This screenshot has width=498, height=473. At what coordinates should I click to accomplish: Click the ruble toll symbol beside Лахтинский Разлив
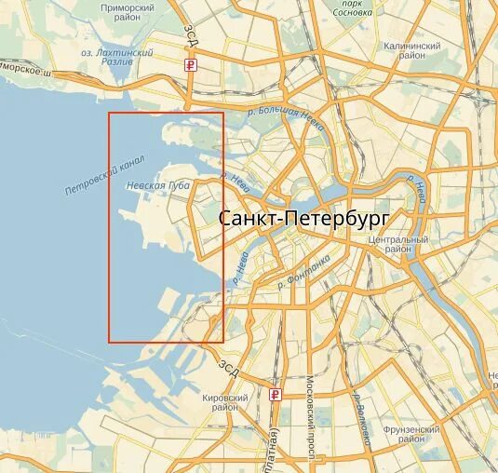pyautogui.click(x=191, y=65)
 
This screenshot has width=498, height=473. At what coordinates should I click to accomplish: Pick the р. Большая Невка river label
pyautogui.click(x=285, y=113)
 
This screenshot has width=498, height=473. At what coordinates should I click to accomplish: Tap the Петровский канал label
pyautogui.click(x=104, y=177)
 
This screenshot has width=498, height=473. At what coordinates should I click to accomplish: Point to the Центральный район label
pyautogui.click(x=397, y=245)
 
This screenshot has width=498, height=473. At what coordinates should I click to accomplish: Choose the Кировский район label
pyautogui.click(x=225, y=402)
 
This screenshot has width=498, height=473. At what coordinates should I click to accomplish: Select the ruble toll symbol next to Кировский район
pyautogui.click(x=275, y=394)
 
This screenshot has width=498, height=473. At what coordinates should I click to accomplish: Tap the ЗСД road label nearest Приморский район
pyautogui.click(x=192, y=35)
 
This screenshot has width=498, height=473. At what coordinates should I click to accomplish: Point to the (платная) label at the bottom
pyautogui.click(x=276, y=447)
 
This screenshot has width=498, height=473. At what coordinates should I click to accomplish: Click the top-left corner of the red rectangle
pyautogui.click(x=109, y=113)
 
